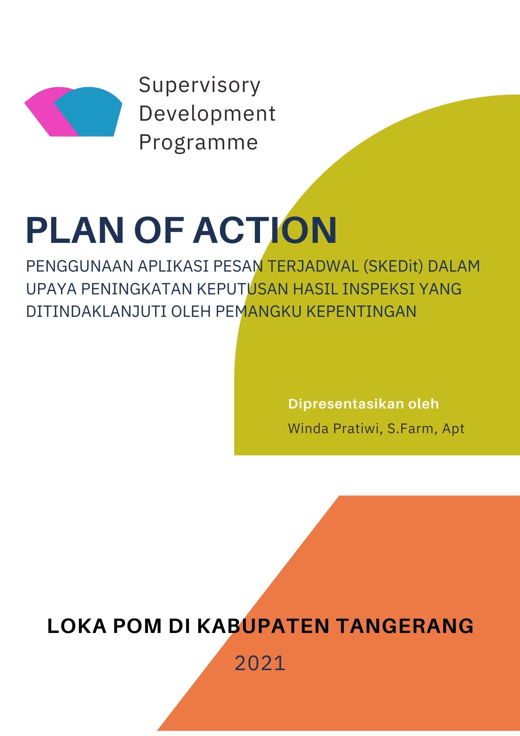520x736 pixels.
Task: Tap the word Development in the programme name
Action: tap(207, 113)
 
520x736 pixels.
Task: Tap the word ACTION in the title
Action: tap(265, 230)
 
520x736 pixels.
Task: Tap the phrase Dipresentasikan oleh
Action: tap(363, 404)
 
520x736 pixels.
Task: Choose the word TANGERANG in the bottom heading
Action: tap(405, 626)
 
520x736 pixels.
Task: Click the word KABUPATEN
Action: tap(263, 626)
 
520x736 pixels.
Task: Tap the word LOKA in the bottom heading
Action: tap(76, 626)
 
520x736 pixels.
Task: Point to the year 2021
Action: tap(260, 663)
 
